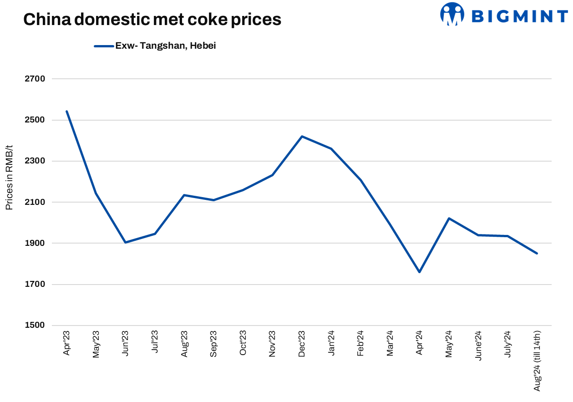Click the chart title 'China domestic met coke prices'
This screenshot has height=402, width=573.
152,20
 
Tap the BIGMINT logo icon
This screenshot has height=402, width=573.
451,14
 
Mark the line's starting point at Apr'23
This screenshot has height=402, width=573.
66,111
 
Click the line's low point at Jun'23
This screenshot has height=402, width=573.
125,242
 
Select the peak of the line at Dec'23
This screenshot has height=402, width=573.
302,136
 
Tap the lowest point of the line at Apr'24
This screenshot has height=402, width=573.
419,272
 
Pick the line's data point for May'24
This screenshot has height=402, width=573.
449,218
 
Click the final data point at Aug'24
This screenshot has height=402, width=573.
537,253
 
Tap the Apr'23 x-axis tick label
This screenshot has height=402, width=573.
66,343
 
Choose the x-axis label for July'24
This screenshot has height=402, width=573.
507,344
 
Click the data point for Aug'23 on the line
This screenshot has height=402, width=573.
184,195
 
